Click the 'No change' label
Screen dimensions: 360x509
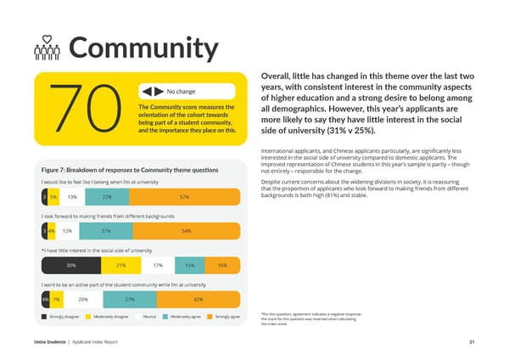pos(182,92)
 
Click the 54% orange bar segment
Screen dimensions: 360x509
pos(186,231)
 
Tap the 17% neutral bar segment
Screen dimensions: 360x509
pos(158,265)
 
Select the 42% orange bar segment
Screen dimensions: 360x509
pos(198,300)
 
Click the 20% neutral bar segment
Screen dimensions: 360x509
pos(83,300)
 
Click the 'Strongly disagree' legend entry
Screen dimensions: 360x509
pos(64,317)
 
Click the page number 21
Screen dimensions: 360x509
pos(470,342)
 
